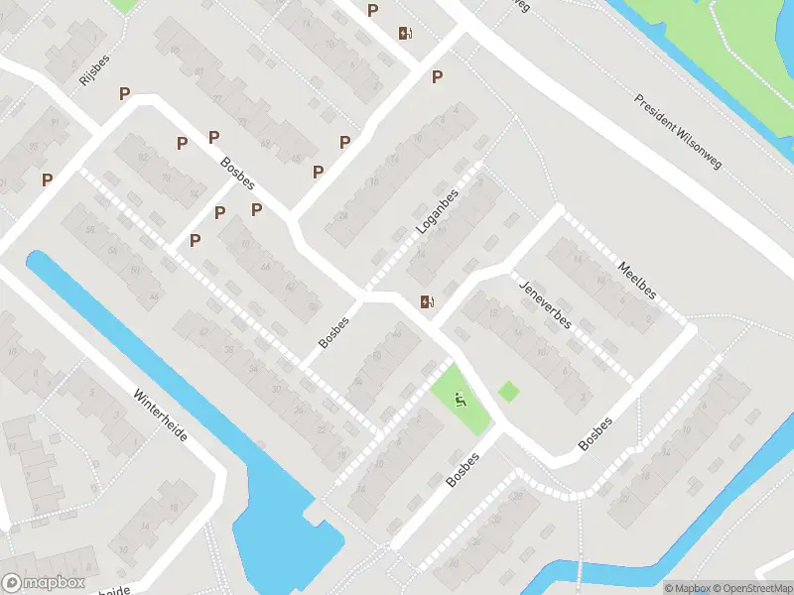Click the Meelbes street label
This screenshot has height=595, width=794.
pos(636,280)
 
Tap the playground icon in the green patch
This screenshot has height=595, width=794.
pos(460,401)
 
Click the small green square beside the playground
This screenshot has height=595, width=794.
pos(508,392)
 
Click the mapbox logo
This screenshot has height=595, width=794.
pos(44,583)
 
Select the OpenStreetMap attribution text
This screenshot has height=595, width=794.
pos(750,588)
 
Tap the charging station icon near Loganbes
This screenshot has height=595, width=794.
pos(428,301)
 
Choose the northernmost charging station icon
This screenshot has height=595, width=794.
pos(405,33)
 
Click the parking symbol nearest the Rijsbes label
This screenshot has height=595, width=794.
pos(124,94)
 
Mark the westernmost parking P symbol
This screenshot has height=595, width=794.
pos(47,179)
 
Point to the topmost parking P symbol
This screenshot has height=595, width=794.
pos(372,11)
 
